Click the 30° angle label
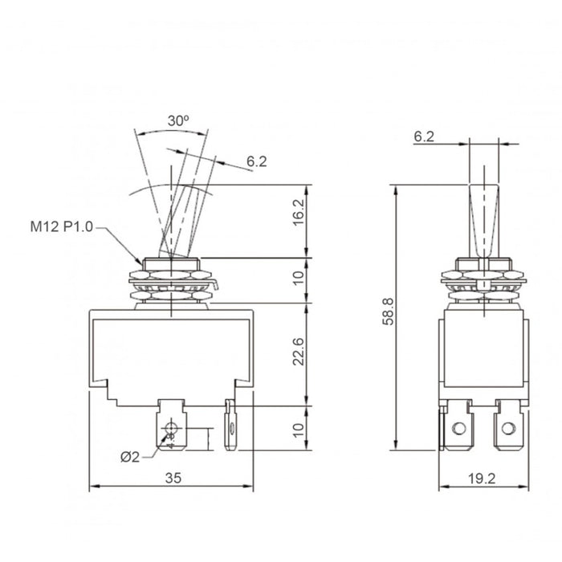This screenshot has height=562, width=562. point(177,120)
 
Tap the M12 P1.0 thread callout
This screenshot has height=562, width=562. point(62,227)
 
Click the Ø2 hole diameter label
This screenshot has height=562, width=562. point(130,457)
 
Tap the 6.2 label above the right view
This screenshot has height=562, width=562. point(423,138)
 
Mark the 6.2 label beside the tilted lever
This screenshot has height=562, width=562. point(256,161)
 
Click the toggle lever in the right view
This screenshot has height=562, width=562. point(482,217)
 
